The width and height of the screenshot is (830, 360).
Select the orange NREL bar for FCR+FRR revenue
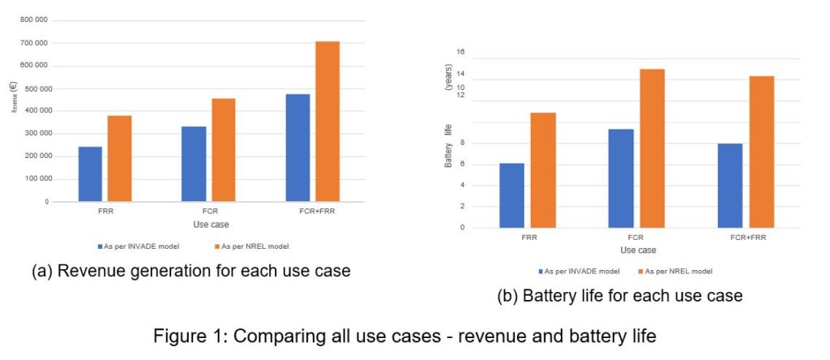click(x=327, y=121)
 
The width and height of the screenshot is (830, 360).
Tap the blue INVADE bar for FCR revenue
click(x=194, y=163)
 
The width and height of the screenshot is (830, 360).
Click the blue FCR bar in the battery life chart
click(x=621, y=178)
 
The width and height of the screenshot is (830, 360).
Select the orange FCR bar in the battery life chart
click(x=652, y=148)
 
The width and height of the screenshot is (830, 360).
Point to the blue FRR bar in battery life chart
click(x=511, y=195)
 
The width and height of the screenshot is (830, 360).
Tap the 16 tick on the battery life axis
click(x=461, y=52)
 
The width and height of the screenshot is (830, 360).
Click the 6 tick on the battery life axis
click(x=462, y=164)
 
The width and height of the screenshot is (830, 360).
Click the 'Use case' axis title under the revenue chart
click(x=209, y=223)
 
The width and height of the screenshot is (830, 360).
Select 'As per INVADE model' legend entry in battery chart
click(x=580, y=271)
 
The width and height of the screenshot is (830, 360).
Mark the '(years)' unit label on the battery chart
click(x=448, y=76)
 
